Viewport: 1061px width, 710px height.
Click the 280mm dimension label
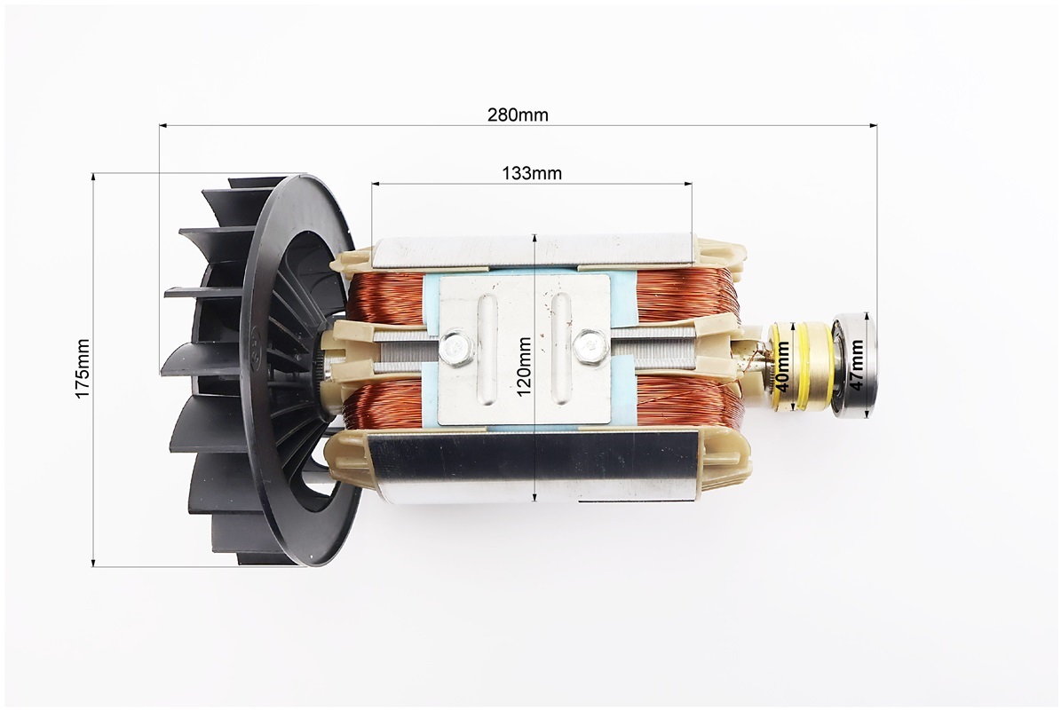pos(518,115)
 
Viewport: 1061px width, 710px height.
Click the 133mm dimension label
pos(532,173)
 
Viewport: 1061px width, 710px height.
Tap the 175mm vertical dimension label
pos(83,368)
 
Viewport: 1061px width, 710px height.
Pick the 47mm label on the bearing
pos(856,365)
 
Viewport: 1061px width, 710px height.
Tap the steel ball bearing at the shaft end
pos(854,365)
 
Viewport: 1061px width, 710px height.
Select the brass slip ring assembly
pos(798,365)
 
